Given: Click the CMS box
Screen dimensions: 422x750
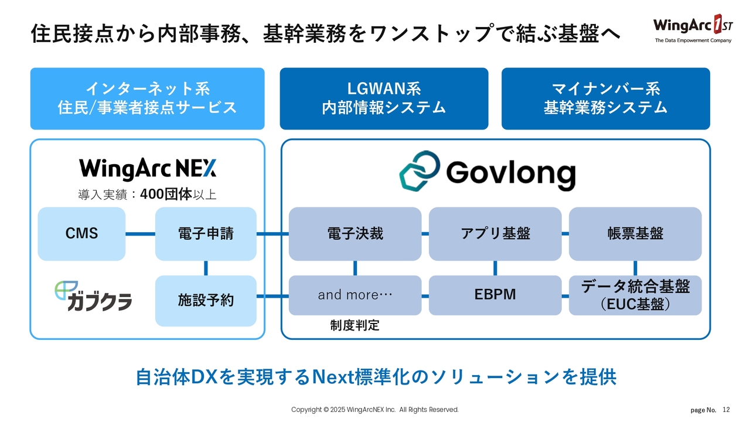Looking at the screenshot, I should coord(81,233).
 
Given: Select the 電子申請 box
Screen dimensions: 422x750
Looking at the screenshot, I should coord(206,233).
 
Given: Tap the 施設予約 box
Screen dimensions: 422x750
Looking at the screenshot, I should coord(206,301).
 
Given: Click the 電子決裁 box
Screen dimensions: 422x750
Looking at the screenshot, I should coord(355,233).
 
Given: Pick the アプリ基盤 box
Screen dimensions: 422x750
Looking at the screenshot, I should coord(495,233).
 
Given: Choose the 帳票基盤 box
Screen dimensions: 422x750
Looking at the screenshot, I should coord(635,233).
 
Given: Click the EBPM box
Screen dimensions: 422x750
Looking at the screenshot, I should coord(495,295).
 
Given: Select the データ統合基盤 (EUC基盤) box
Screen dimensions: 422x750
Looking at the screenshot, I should coord(635,295).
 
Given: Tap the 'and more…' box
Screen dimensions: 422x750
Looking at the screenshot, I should coord(355,295).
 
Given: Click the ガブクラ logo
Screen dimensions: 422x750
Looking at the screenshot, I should coord(93,296).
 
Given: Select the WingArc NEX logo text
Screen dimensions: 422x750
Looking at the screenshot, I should coord(148,169).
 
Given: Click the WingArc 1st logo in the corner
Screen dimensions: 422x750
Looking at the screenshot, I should coord(692,28).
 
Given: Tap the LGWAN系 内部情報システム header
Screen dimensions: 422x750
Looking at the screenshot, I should coord(384,98).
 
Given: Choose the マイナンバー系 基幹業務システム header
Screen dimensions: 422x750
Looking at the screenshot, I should coord(605,98).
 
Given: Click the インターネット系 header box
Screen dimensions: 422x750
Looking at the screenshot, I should coord(147,98).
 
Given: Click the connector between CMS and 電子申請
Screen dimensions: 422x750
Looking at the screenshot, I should coord(140,234).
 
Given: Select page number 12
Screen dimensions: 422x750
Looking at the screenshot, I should coord(727,410).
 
